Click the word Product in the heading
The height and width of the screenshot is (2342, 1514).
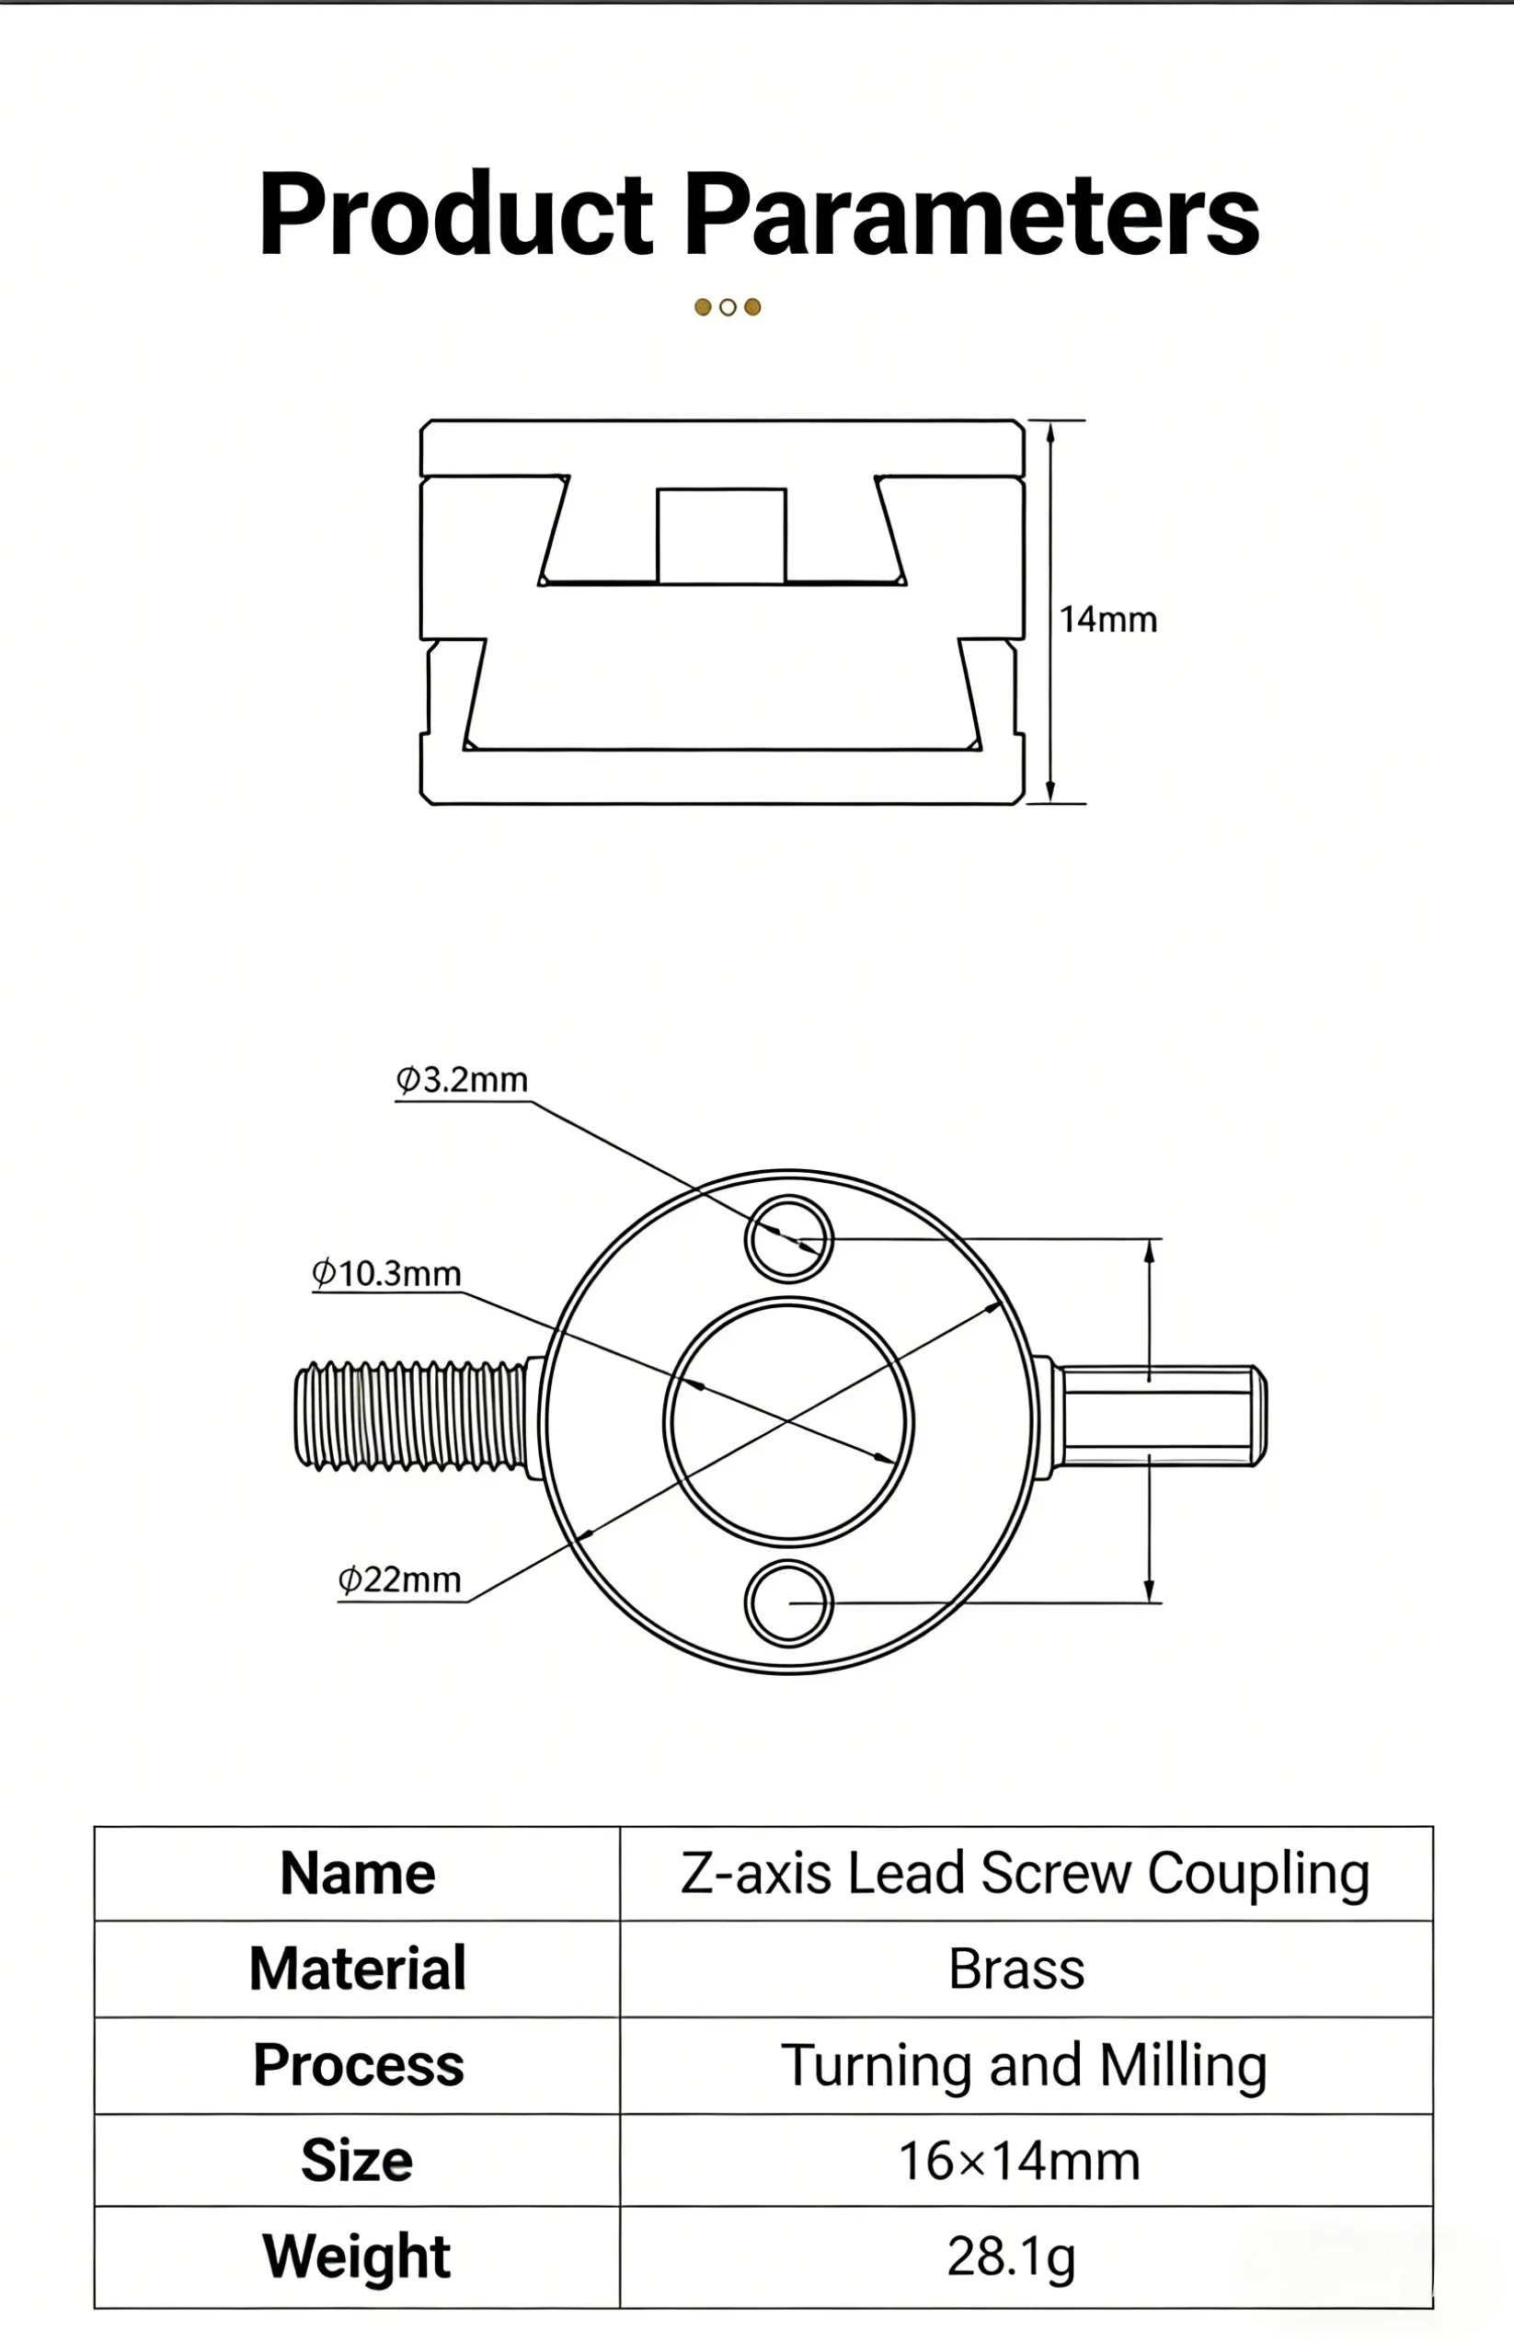tap(456, 214)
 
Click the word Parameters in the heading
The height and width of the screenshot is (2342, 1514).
tap(972, 214)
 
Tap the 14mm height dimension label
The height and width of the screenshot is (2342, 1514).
tap(1108, 619)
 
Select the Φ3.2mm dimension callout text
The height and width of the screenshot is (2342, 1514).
tap(462, 1080)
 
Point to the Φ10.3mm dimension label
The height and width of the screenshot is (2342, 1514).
tap(386, 1273)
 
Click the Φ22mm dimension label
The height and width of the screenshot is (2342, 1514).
tap(399, 1580)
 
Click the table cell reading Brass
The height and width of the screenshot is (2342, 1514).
tap(1016, 1969)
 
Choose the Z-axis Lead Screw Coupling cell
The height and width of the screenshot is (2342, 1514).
tap(1026, 1873)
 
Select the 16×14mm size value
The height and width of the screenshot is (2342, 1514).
tap(1019, 2161)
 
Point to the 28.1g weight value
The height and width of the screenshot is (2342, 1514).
tap(1012, 2256)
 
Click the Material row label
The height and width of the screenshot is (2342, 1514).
tap(358, 1969)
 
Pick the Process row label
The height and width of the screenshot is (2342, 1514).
tap(358, 2064)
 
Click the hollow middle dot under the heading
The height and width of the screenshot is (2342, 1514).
tap(728, 306)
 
